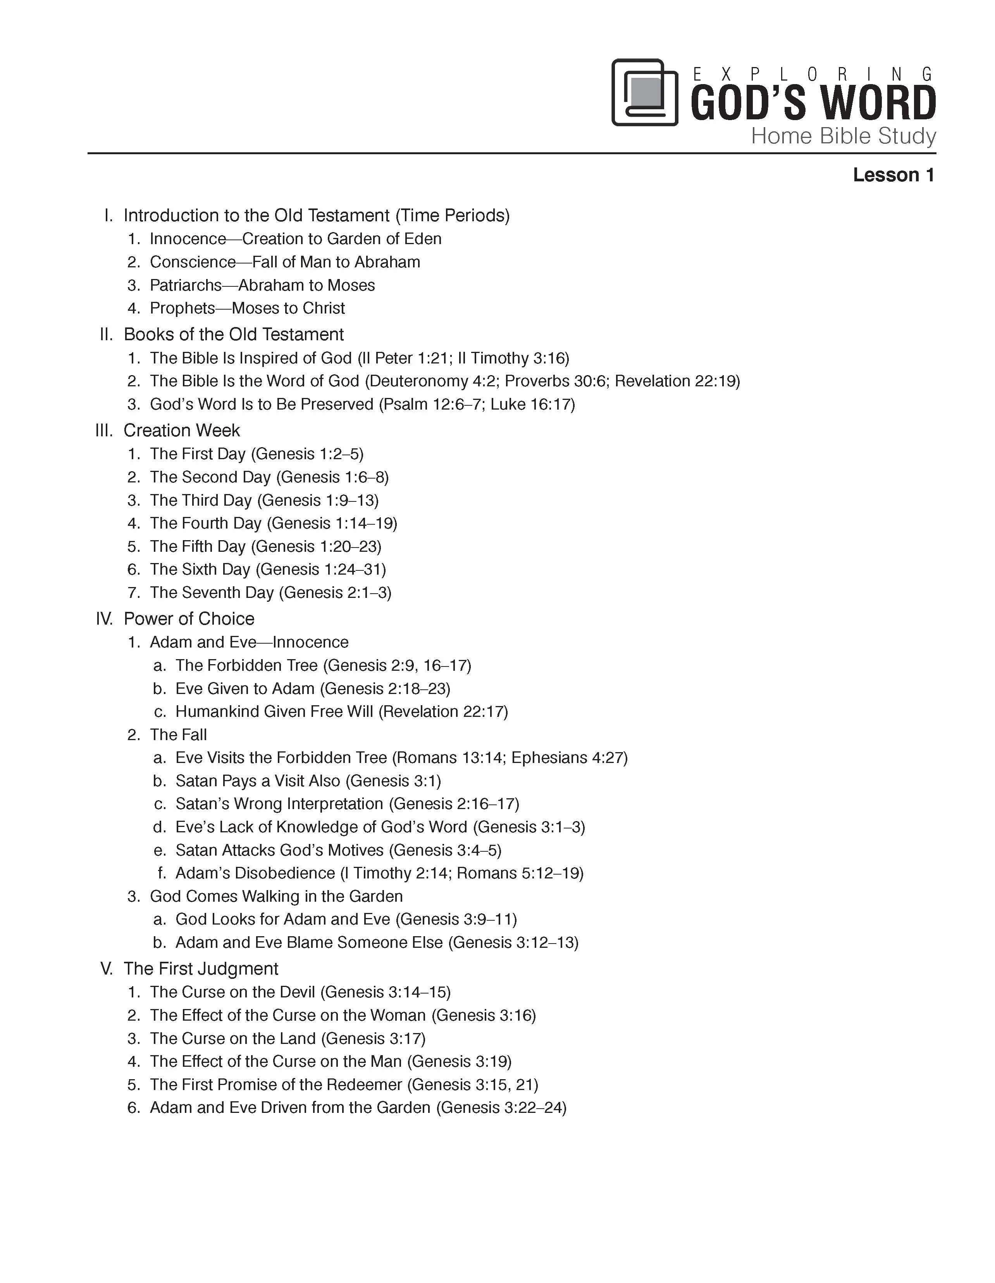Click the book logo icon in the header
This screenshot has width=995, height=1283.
click(644, 92)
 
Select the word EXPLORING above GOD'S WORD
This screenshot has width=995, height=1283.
click(813, 74)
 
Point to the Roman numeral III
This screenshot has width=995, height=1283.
click(103, 431)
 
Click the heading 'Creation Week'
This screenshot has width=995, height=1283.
click(181, 431)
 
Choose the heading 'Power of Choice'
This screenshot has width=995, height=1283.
click(189, 618)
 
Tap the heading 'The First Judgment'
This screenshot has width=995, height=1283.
click(200, 969)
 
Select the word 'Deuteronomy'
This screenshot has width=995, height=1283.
click(419, 381)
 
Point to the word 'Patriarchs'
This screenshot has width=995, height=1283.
click(186, 286)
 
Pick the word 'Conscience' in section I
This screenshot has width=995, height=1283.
click(193, 262)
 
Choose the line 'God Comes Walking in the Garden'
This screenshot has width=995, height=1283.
click(276, 896)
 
